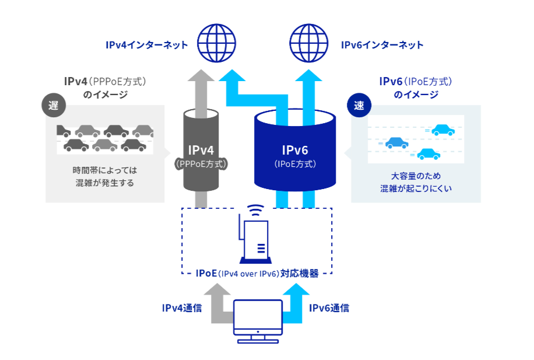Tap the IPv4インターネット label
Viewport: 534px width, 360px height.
point(147,45)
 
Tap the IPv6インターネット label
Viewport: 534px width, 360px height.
point(382,45)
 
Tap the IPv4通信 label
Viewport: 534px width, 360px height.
point(182,307)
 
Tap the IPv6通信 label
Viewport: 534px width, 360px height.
point(329,307)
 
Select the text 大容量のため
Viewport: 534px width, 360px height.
point(416,176)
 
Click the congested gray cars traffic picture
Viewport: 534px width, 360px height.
point(105,138)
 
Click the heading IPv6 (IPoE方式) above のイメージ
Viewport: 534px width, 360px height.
point(416,81)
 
